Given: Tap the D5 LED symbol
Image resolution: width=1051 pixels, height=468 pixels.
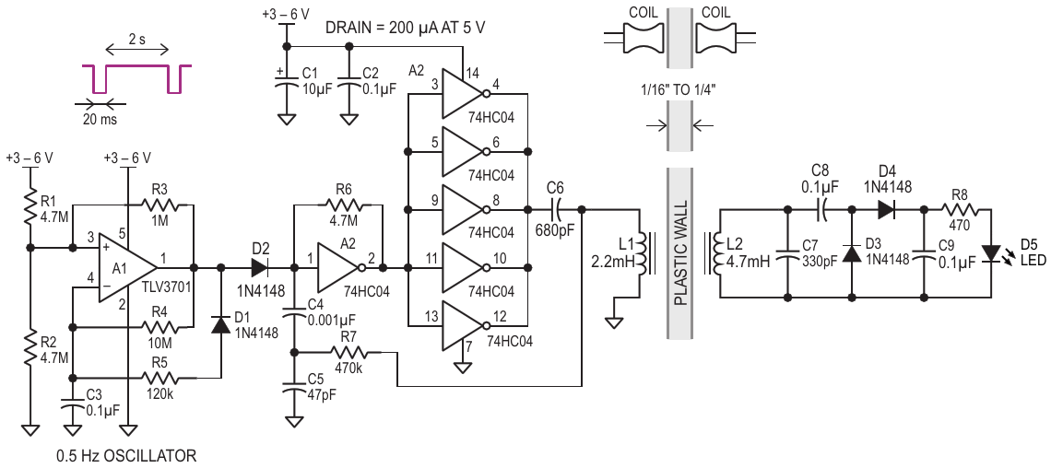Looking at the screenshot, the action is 990,254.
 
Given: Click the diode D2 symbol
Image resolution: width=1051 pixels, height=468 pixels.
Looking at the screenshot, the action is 259,268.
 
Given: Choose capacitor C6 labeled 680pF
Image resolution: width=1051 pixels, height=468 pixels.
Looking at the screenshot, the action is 556,210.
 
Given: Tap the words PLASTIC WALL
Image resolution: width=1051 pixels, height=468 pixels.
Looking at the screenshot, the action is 681,253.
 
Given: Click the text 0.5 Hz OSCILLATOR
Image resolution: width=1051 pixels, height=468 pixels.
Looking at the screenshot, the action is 126,456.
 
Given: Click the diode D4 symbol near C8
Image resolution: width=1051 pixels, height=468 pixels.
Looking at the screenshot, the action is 886,210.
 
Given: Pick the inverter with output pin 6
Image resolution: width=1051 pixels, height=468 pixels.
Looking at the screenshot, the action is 463,151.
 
